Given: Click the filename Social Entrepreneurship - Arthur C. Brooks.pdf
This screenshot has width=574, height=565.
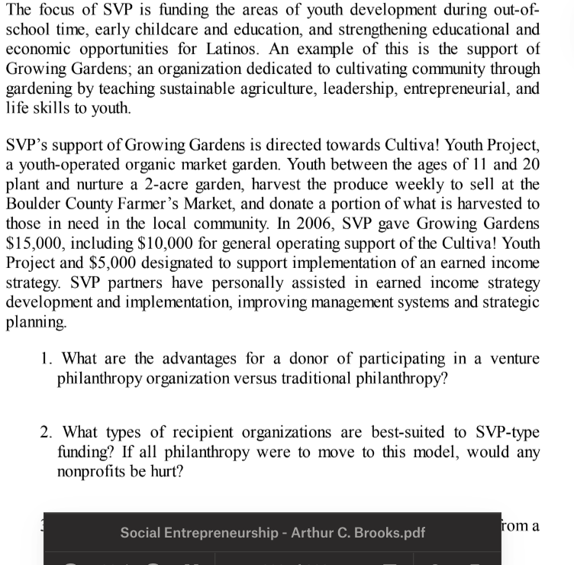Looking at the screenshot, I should tap(272, 533).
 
